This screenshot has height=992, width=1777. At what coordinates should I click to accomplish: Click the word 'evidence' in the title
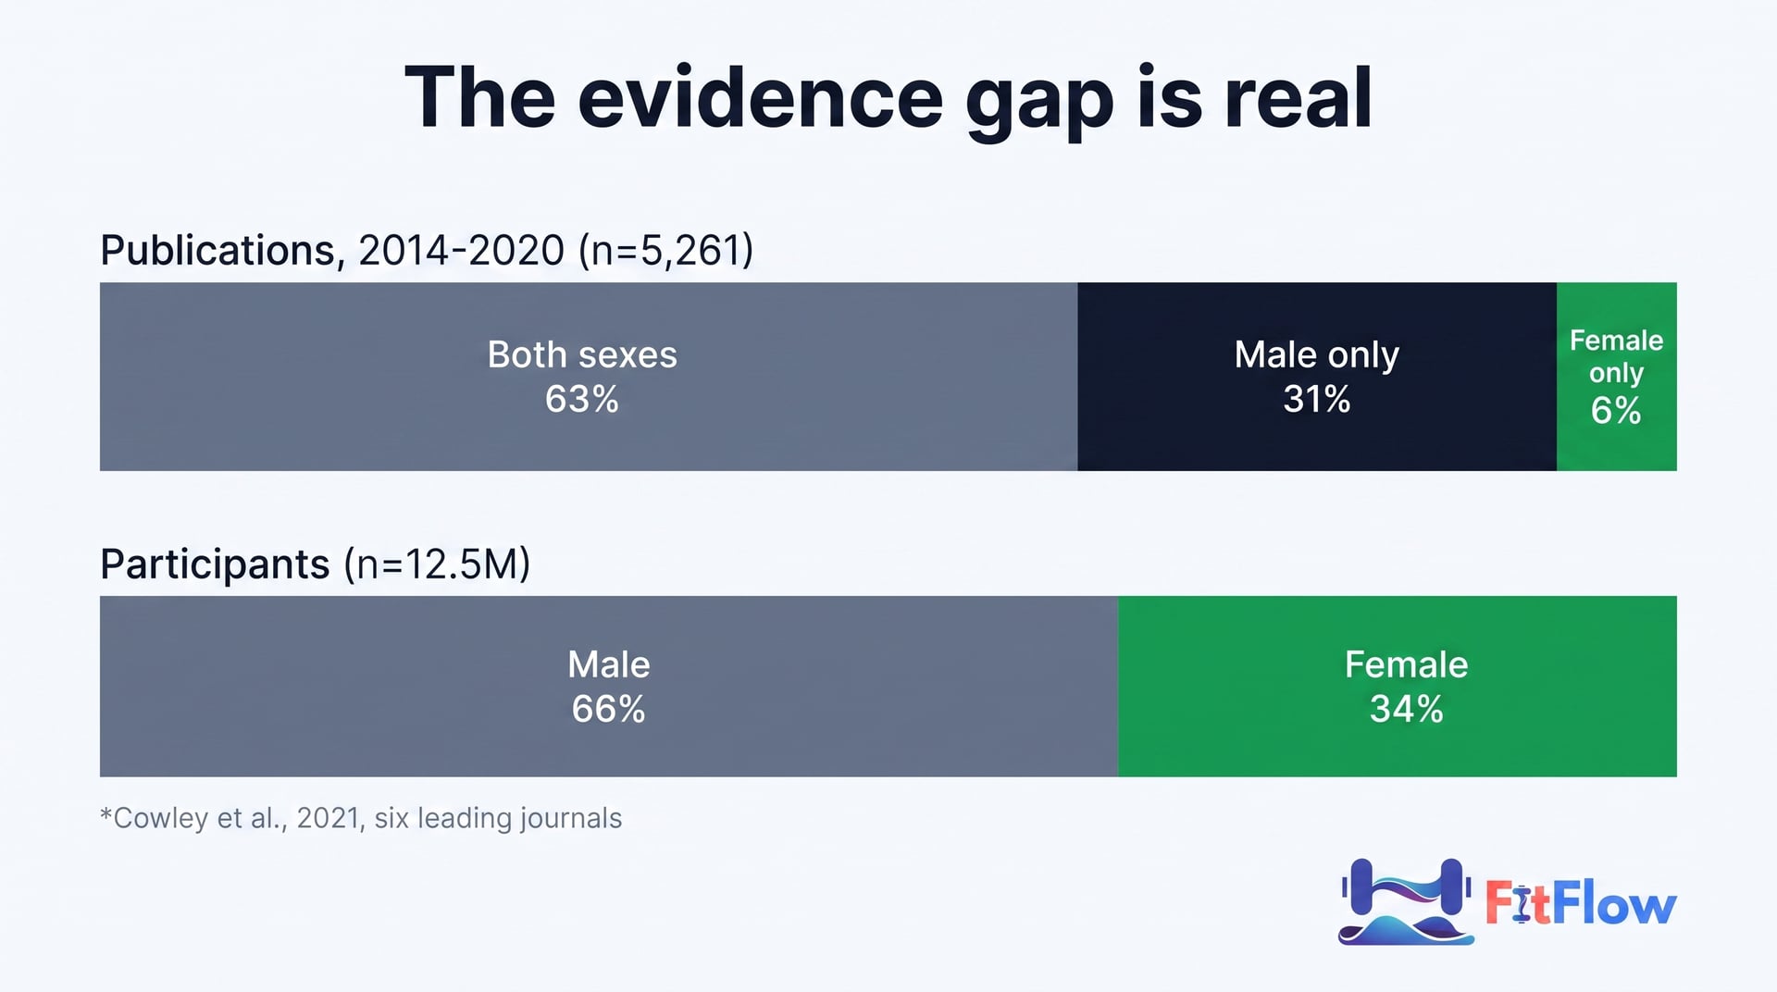[x=761, y=98]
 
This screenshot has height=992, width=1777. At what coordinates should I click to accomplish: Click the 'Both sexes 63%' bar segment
[x=589, y=377]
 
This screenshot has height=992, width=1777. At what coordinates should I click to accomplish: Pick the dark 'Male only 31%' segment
[x=1317, y=377]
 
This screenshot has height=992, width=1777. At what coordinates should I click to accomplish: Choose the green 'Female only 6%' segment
[x=1617, y=377]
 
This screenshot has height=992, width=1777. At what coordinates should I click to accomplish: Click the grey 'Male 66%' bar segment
[x=609, y=686]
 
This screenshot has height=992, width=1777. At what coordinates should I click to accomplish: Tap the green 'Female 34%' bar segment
[x=1398, y=686]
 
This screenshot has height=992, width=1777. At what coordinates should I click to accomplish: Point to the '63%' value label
[x=582, y=399]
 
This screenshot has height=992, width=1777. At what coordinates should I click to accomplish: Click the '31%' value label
[x=1317, y=399]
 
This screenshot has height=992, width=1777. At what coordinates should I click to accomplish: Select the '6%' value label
[x=1616, y=410]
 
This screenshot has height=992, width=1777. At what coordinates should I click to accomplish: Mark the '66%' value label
[x=608, y=709]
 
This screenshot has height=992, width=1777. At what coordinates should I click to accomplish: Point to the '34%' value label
[x=1407, y=709]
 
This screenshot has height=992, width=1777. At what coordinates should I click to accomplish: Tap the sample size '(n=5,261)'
[x=666, y=251]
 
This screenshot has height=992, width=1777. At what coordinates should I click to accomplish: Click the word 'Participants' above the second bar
[x=215, y=564]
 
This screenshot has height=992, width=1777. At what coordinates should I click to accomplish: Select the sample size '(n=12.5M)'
[x=437, y=564]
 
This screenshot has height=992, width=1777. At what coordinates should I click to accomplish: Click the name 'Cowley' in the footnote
[x=160, y=818]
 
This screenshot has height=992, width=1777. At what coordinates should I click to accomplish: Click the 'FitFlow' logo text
[x=1581, y=904]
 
